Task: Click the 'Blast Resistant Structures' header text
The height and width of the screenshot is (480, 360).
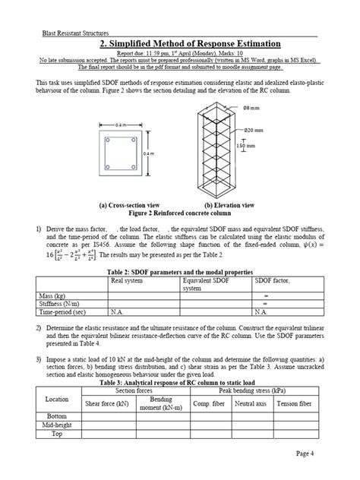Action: click(75, 33)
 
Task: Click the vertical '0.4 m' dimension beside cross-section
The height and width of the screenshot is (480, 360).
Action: click(148, 153)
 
